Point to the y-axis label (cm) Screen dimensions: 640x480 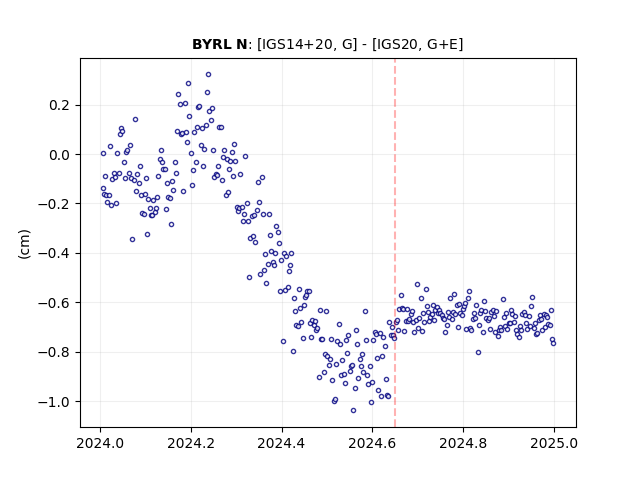pos(24,244)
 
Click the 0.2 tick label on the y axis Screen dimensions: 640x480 pos(60,105)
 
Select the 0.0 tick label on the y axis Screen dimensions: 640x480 pos(60,155)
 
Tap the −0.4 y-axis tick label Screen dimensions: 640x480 pos(55,253)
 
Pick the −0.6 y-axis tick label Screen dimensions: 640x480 pos(55,303)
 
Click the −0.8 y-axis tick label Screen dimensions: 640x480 pos(55,352)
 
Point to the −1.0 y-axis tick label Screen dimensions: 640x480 pos(55,402)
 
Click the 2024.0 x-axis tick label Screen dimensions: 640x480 pos(100,443)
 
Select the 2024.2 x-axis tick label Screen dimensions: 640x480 pos(191,443)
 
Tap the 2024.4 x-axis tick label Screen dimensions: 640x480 pos(282,443)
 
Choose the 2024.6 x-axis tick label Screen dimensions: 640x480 pos(372,443)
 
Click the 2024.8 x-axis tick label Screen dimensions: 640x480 pos(463,443)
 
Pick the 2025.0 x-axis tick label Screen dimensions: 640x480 pos(554,443)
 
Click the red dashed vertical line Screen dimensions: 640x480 pos(395,243)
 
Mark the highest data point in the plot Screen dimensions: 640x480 pos(208,75)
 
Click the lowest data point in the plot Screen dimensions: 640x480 pos(353,410)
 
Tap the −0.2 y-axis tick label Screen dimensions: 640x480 pos(55,204)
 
